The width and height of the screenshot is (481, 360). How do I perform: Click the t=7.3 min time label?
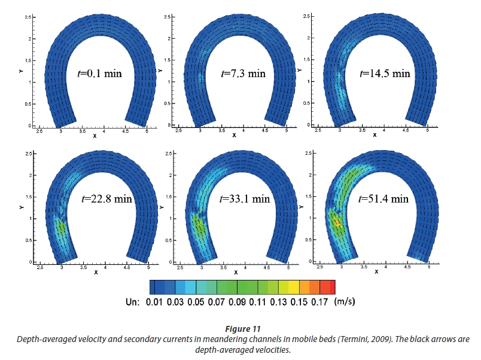click(x=243, y=74)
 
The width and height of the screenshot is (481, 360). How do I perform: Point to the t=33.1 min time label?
click(x=245, y=199)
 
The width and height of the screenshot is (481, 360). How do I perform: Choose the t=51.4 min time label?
click(x=384, y=199)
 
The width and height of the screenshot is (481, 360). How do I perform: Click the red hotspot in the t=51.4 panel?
click(x=337, y=223)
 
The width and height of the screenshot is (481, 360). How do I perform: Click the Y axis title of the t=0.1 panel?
click(x=20, y=70)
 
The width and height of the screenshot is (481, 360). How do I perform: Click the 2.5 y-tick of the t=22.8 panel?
click(x=28, y=154)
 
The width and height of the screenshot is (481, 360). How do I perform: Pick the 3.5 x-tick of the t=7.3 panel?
click(x=221, y=130)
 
